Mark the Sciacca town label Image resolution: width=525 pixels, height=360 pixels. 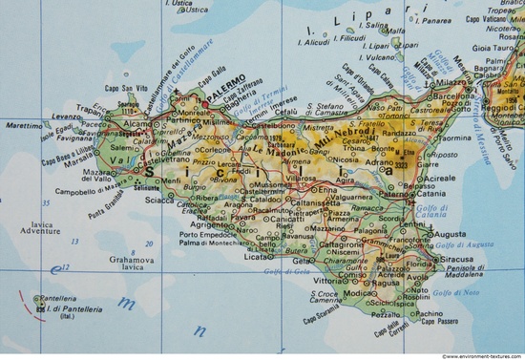click(159, 200)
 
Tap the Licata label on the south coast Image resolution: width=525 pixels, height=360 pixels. click(255, 257)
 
